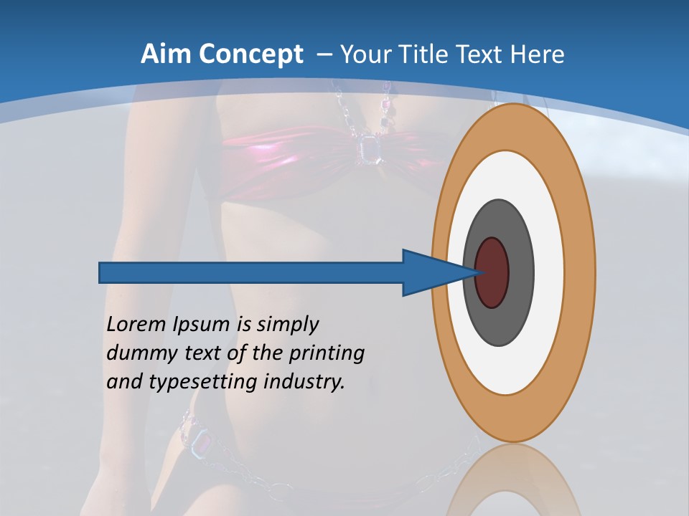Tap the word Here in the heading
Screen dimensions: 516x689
(x=539, y=54)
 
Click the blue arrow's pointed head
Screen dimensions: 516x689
(x=431, y=272)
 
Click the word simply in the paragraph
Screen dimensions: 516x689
(x=287, y=325)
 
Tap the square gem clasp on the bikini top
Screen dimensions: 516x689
(x=369, y=148)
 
